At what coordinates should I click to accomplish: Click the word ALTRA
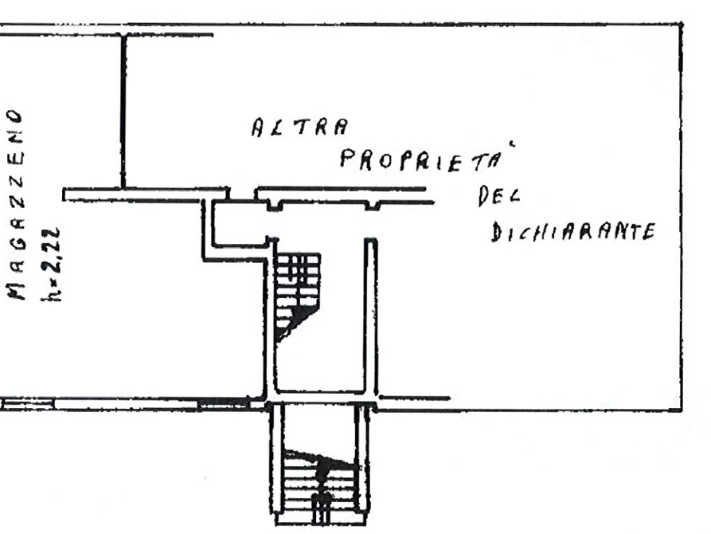pos(300,127)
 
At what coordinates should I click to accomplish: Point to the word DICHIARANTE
pos(573,232)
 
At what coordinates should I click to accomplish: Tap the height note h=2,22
pos(50,264)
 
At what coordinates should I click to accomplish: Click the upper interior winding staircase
pos(297,296)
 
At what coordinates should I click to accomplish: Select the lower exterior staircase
pos(321,486)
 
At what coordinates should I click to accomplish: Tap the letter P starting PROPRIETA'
pos(347,159)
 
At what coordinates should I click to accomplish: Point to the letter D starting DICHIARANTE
pos(497,233)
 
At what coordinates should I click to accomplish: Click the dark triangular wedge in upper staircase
pos(295,320)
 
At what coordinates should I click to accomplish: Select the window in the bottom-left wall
pos(27,403)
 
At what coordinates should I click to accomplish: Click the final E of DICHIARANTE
pos(649,232)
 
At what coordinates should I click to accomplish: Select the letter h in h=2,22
pos(50,293)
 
